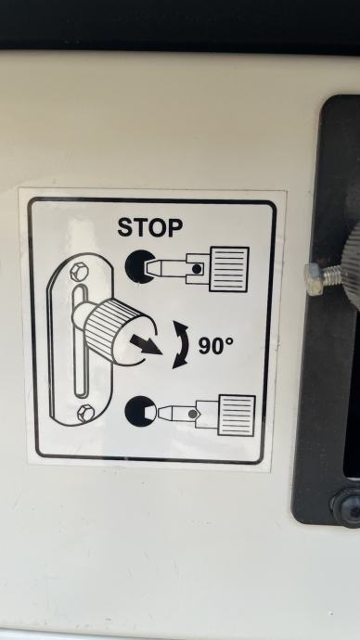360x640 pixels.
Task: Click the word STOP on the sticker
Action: (x=149, y=227)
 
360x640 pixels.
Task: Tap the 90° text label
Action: (x=216, y=346)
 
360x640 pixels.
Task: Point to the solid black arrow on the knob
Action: (x=146, y=344)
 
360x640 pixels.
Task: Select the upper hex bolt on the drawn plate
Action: (x=79, y=272)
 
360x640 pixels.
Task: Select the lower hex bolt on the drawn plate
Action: (x=86, y=413)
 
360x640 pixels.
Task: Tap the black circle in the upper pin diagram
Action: (x=139, y=266)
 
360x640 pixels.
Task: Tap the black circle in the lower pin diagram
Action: (x=140, y=412)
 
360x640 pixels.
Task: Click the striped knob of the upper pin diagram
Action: (x=229, y=269)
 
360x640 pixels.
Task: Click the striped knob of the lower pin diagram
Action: (x=237, y=416)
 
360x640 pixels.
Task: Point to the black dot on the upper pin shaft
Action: (x=197, y=269)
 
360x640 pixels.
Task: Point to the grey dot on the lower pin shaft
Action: (x=193, y=414)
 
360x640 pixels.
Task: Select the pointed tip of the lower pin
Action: (x=160, y=413)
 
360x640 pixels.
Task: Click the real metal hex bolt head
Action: (x=315, y=279)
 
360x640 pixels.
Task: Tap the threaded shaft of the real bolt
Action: (x=334, y=276)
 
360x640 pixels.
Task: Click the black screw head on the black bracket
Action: (x=345, y=506)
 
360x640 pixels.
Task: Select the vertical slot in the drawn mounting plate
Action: (x=81, y=341)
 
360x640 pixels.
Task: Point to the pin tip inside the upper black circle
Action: (x=149, y=267)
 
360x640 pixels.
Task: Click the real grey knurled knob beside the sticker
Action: (x=353, y=269)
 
